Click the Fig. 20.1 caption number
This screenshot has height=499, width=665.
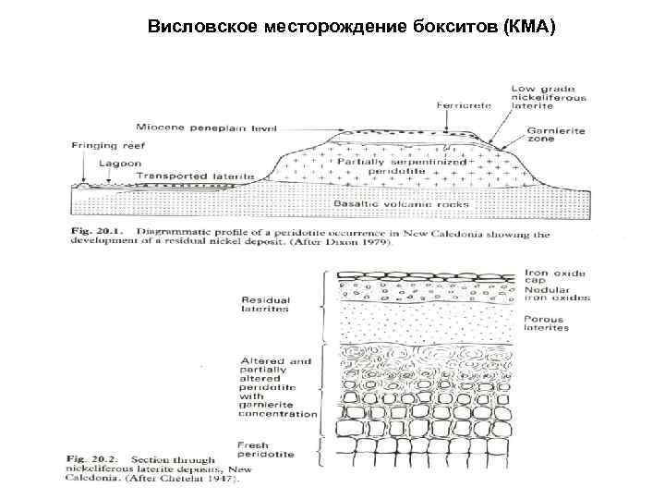[95, 235]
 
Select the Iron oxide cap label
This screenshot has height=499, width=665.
[555, 277]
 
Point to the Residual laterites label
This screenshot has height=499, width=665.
[265, 304]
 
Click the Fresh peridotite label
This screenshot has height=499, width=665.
[267, 450]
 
